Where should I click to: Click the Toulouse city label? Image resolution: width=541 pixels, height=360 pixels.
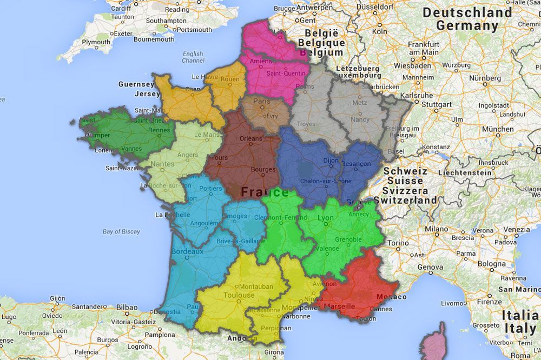[x=238, y=295]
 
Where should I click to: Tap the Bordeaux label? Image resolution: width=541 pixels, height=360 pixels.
[x=187, y=251]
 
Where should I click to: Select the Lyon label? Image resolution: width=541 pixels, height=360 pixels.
[x=326, y=218]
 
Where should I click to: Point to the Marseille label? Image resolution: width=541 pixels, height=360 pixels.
[x=340, y=306]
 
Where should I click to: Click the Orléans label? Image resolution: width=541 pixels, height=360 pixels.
[x=250, y=138]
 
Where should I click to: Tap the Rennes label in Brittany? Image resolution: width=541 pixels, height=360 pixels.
[x=159, y=130]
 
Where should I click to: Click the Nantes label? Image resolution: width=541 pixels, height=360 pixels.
[x=163, y=164]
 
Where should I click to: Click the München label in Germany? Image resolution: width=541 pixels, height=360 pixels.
[x=497, y=129]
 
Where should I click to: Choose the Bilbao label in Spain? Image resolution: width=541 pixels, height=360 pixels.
[x=127, y=308]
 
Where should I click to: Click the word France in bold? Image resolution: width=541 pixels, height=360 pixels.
[x=265, y=192]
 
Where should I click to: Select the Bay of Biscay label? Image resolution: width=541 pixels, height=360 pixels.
[x=121, y=231]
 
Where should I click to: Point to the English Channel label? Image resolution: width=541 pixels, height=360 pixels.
[x=193, y=57]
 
